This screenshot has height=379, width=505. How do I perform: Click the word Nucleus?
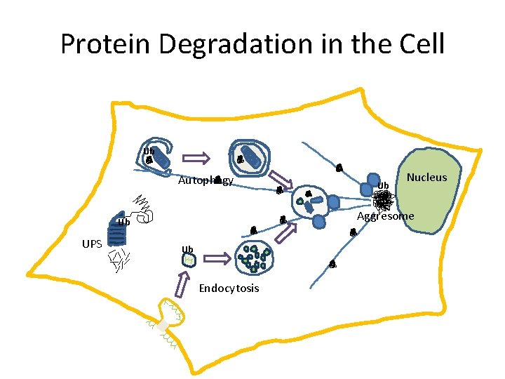tap(426, 178)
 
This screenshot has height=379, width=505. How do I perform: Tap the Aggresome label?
tap(386, 216)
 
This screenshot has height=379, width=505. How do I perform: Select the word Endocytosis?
tap(229, 288)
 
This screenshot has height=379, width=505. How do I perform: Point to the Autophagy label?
tap(205, 180)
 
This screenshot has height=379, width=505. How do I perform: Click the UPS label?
tap(93, 244)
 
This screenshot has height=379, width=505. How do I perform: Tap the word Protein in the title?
tap(105, 44)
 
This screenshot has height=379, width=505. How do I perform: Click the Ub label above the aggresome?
tap(383, 186)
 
